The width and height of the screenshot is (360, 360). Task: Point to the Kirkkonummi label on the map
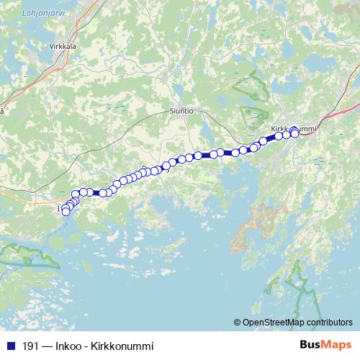point(294,129)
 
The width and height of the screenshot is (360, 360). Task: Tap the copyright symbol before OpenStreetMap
point(238,322)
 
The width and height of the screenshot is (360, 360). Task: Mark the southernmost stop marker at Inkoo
point(66,212)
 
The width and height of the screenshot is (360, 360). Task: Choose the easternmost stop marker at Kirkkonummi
point(295,133)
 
